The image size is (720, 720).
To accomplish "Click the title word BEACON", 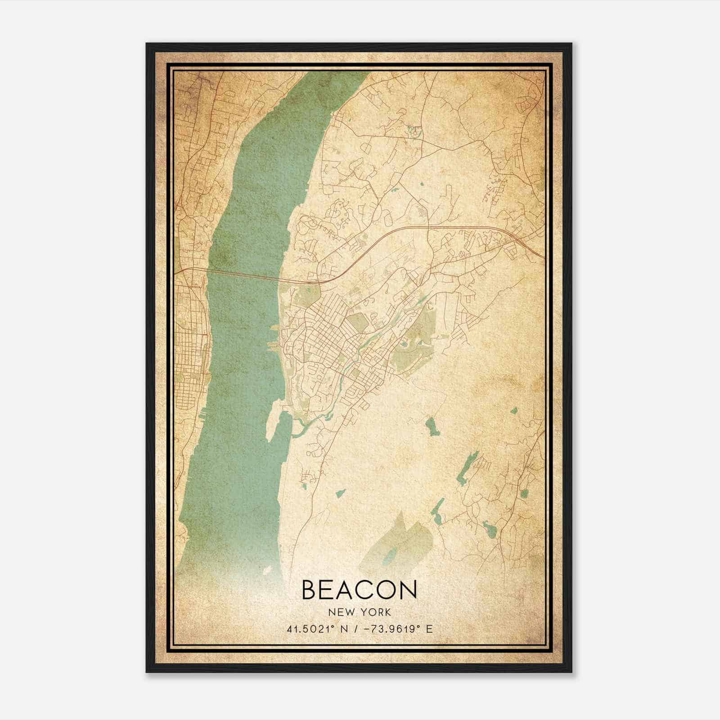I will click(x=359, y=589).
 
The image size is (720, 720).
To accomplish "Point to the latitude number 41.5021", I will click(x=306, y=629).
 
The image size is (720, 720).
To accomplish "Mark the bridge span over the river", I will click(x=243, y=275).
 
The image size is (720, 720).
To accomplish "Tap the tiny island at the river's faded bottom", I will click(x=267, y=570).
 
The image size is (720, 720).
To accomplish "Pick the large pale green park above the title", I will click(x=396, y=540).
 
